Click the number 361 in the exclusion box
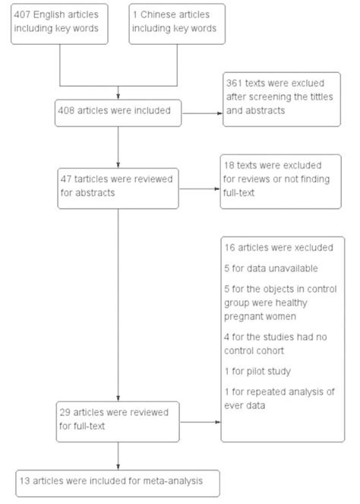[x=236, y=81]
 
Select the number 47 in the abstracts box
[x=67, y=179]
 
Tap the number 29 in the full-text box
[x=67, y=412]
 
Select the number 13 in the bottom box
[x=27, y=480]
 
